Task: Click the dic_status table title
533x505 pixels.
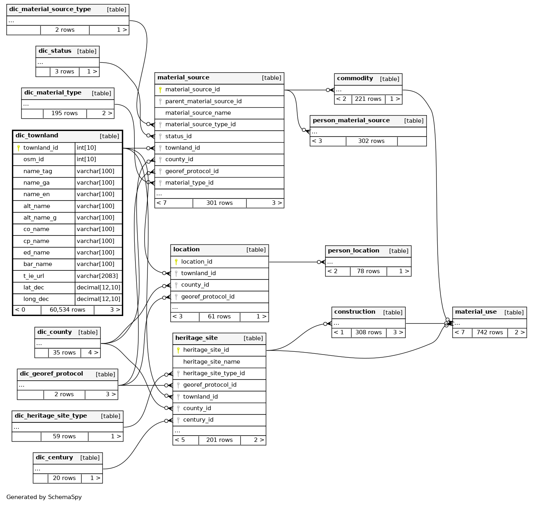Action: [55, 51]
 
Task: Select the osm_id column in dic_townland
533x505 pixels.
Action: [33, 159]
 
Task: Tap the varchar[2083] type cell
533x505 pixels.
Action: [97, 276]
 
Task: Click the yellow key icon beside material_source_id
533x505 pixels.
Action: [160, 90]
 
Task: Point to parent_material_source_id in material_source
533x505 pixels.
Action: [204, 101]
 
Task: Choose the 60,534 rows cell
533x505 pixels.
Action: [67, 310]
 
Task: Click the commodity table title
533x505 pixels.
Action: [355, 78]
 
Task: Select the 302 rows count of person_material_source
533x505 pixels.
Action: [371, 141]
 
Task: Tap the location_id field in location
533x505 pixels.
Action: [197, 262]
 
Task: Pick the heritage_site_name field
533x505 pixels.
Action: [211, 362]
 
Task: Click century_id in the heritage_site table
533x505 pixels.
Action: [198, 419]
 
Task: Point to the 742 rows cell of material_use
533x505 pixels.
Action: [490, 332]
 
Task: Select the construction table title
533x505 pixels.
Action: [355, 311]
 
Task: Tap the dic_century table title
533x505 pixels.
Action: [54, 457]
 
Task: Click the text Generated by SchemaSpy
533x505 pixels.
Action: [44, 497]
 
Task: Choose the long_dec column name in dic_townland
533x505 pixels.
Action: [36, 299]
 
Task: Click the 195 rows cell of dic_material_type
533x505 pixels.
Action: [64, 113]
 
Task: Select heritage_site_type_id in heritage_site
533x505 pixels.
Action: [214, 373]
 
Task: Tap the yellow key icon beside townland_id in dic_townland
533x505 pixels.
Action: [18, 148]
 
